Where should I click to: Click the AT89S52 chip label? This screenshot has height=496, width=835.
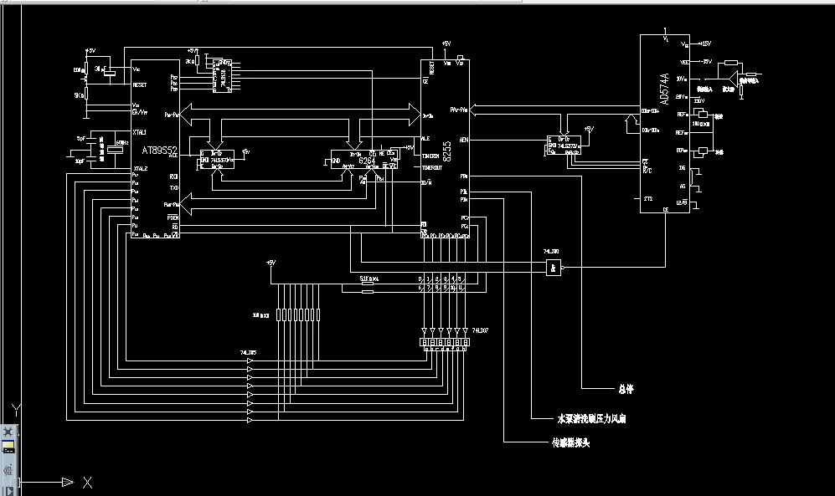159,151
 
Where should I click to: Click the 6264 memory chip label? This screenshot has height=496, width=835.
367,159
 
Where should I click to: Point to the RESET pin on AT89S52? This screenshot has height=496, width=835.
140,84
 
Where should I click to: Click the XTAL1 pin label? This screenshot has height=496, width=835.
139,132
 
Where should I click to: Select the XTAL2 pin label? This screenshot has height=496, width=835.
139,168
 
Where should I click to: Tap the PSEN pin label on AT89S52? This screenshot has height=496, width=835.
173,217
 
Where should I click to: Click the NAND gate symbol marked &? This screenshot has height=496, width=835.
553,268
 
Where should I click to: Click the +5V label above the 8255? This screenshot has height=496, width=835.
446,43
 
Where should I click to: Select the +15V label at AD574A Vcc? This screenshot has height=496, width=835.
704,43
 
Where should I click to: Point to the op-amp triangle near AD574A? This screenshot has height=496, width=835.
733,80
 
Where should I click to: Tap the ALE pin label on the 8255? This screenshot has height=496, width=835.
425,139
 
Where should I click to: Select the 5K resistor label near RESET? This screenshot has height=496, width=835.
78,95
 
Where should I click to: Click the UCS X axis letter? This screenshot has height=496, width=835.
87,482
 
